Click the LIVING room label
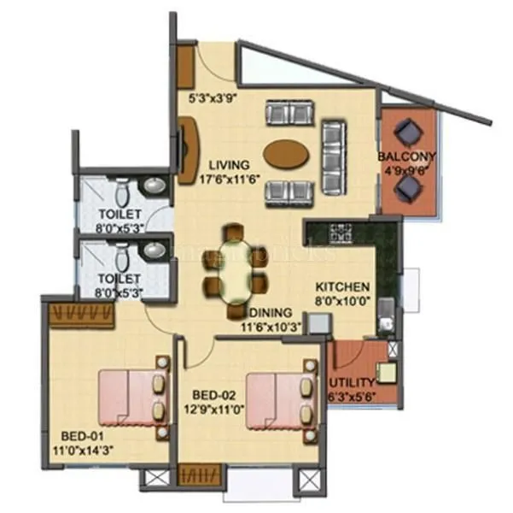point(224,165)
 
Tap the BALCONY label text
point(407,156)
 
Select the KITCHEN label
point(342,287)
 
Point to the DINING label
point(271,312)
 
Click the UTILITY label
point(352,381)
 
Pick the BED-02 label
point(212,395)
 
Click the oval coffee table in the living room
point(287,155)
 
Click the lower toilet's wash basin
point(154,251)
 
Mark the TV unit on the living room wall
point(186,150)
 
